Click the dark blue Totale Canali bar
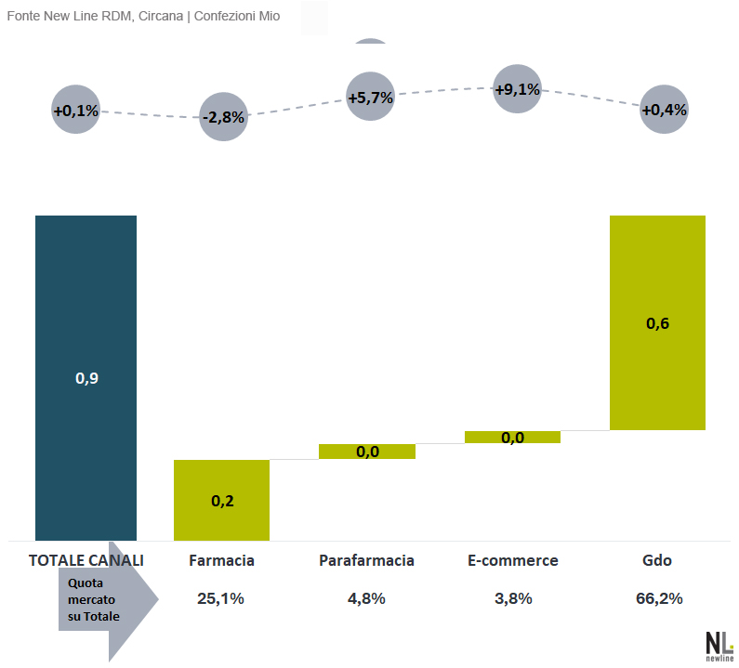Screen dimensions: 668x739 86,377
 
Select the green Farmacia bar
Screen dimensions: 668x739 221,500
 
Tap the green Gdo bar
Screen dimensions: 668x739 657,322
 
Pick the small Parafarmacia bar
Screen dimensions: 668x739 367,452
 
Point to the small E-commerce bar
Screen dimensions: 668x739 512,437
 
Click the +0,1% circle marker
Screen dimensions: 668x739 75,111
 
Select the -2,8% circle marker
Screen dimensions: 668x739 223,117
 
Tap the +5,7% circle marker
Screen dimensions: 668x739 370,97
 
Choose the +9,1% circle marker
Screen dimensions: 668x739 517,90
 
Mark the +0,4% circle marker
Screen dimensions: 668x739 664,110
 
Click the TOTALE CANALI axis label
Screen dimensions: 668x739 86,560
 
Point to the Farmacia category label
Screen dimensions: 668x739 221,560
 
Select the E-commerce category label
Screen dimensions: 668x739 513,560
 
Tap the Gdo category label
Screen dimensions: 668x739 657,560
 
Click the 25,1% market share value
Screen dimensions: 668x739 221,598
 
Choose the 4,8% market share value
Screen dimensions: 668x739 366,598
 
